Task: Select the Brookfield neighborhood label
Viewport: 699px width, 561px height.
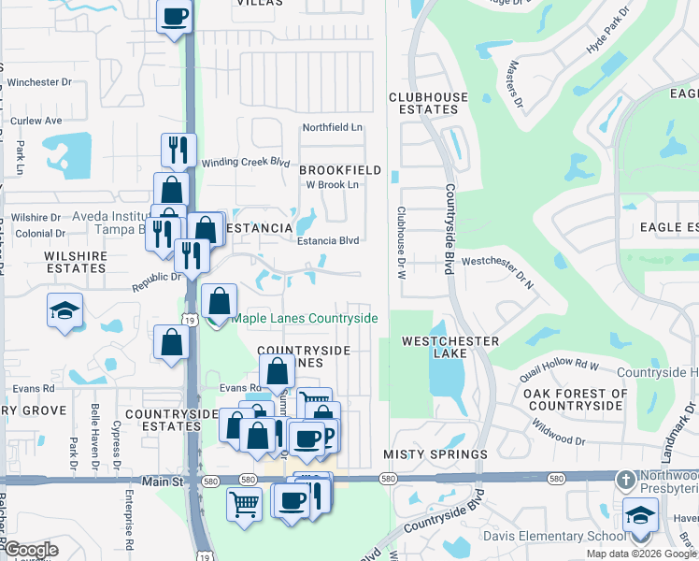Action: [x=340, y=170]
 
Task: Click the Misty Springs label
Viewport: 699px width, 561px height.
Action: [x=435, y=454]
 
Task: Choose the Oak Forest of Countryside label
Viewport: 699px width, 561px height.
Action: [x=575, y=399]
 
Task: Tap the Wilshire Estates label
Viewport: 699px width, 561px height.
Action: [x=76, y=261]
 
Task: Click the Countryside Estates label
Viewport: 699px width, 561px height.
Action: [x=164, y=420]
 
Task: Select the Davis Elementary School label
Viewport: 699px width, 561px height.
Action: [x=554, y=536]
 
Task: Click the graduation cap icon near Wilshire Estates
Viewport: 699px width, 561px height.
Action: [x=65, y=310]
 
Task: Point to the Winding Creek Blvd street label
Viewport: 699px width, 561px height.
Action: [x=246, y=162]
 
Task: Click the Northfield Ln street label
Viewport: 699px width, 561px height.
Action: [x=331, y=128]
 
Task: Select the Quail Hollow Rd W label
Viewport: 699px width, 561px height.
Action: [x=559, y=370]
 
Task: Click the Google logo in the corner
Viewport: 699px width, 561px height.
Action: [x=30, y=549]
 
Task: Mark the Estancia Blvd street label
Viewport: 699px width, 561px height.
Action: [x=328, y=240]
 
